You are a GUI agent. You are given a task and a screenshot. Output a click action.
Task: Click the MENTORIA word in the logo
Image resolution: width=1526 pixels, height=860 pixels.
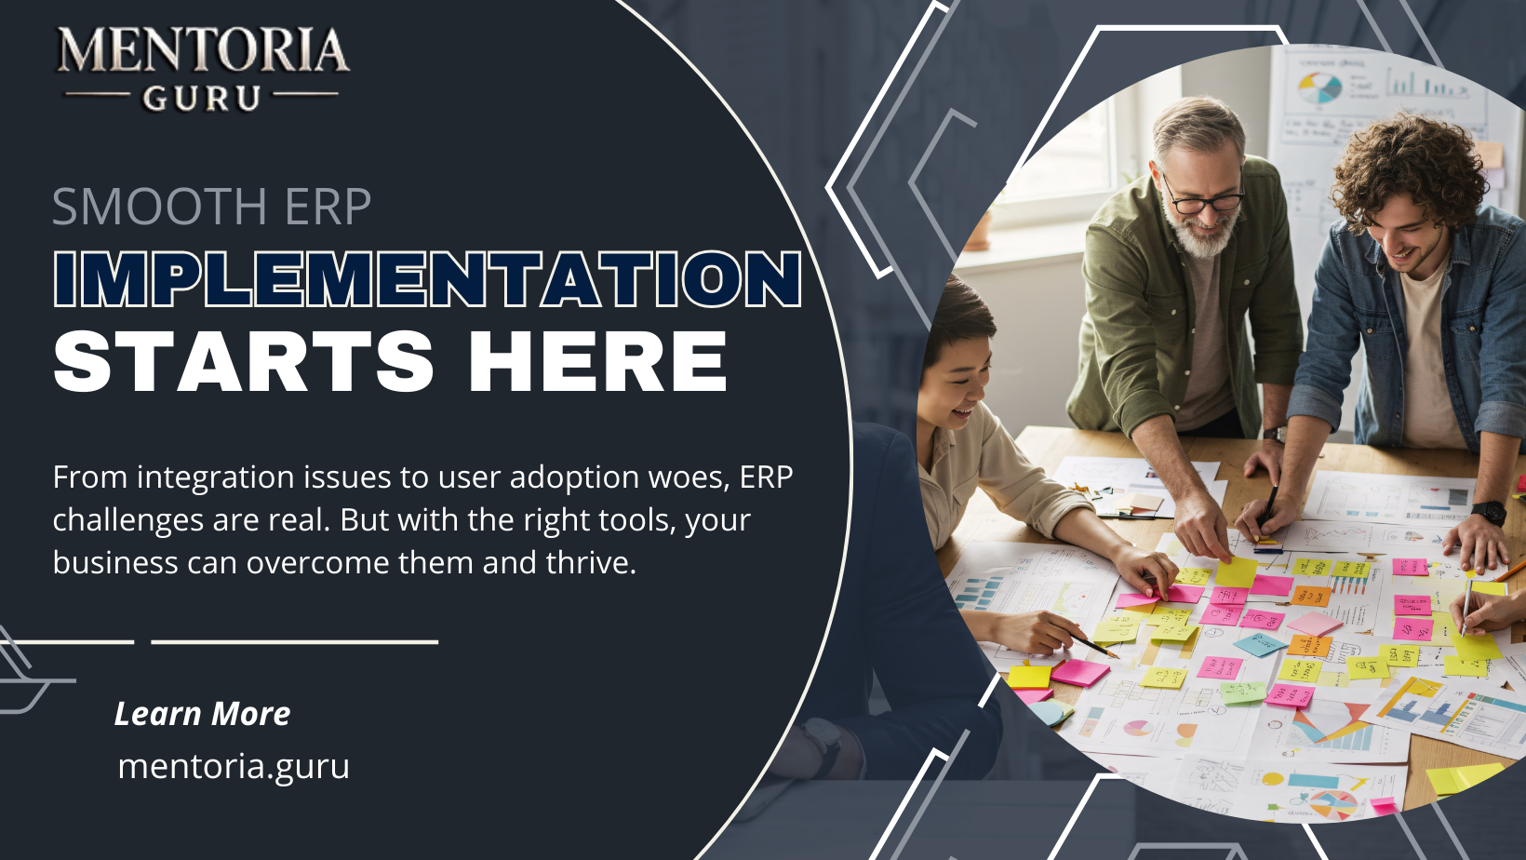click(x=203, y=51)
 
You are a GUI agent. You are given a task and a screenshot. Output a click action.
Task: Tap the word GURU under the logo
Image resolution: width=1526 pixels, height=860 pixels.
click(x=201, y=98)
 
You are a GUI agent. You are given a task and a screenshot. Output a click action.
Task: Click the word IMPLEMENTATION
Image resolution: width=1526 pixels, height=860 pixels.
click(x=427, y=279)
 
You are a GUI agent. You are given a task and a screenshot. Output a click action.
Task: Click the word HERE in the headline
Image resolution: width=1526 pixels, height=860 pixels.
click(x=597, y=361)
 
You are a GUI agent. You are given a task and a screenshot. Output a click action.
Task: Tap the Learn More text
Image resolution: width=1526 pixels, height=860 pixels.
click(x=202, y=714)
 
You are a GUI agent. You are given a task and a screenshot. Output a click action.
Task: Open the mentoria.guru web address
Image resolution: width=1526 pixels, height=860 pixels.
click(x=234, y=766)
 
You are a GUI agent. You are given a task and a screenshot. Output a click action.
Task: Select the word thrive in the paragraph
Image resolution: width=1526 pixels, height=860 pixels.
click(x=590, y=562)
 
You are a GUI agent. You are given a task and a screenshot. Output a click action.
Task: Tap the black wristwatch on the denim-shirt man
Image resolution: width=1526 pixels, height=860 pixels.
click(x=1489, y=512)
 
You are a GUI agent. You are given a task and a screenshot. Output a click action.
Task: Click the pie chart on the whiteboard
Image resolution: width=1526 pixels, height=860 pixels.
click(x=1319, y=88)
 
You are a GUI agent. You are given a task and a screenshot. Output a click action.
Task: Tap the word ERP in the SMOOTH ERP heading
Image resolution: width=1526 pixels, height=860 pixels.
click(x=328, y=207)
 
